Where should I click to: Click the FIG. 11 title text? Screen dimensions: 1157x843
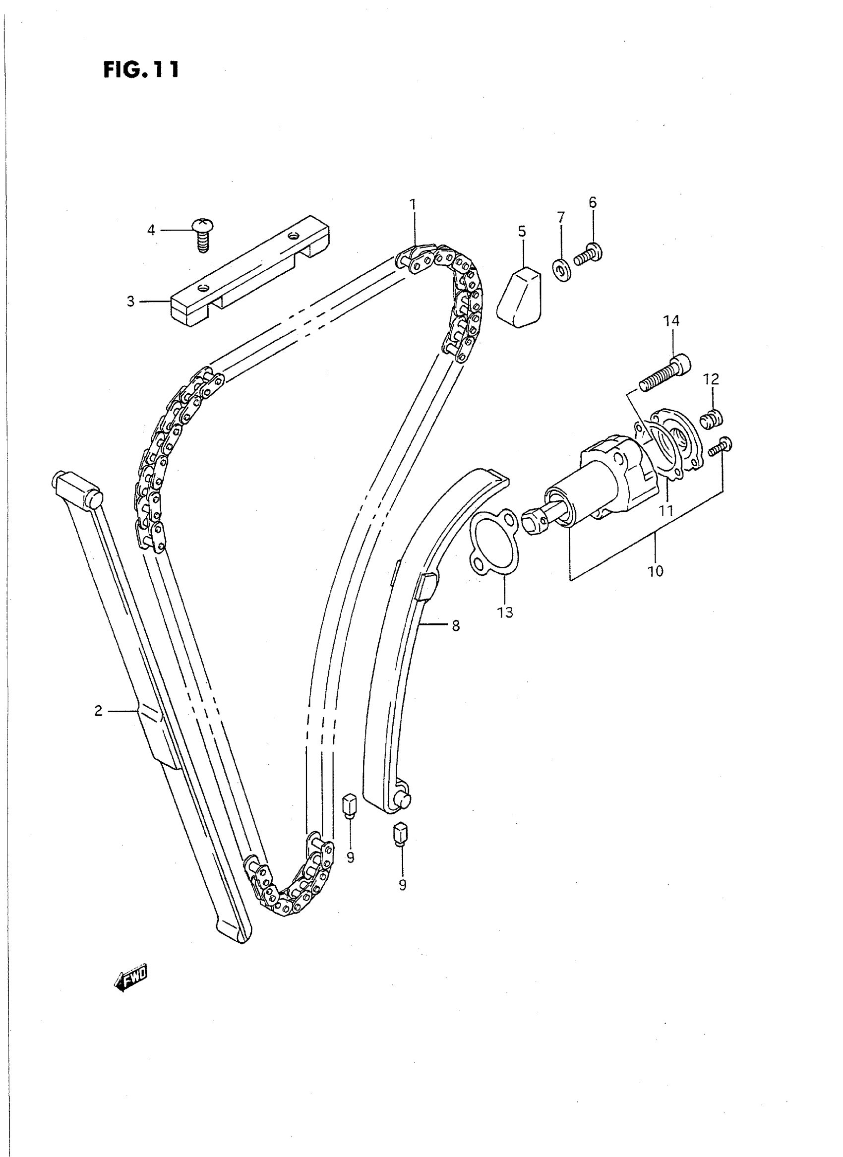(x=141, y=69)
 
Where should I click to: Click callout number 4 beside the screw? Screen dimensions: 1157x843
(x=151, y=231)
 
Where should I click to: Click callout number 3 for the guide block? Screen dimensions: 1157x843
(x=130, y=302)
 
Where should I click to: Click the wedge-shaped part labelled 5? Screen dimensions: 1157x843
(x=520, y=299)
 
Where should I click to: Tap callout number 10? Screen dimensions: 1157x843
(x=655, y=571)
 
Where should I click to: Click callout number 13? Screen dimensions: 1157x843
(x=505, y=612)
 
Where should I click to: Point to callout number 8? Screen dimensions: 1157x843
(x=456, y=625)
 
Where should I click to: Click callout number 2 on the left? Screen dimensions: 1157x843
(x=99, y=711)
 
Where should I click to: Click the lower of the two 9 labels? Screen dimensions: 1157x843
(x=403, y=884)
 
